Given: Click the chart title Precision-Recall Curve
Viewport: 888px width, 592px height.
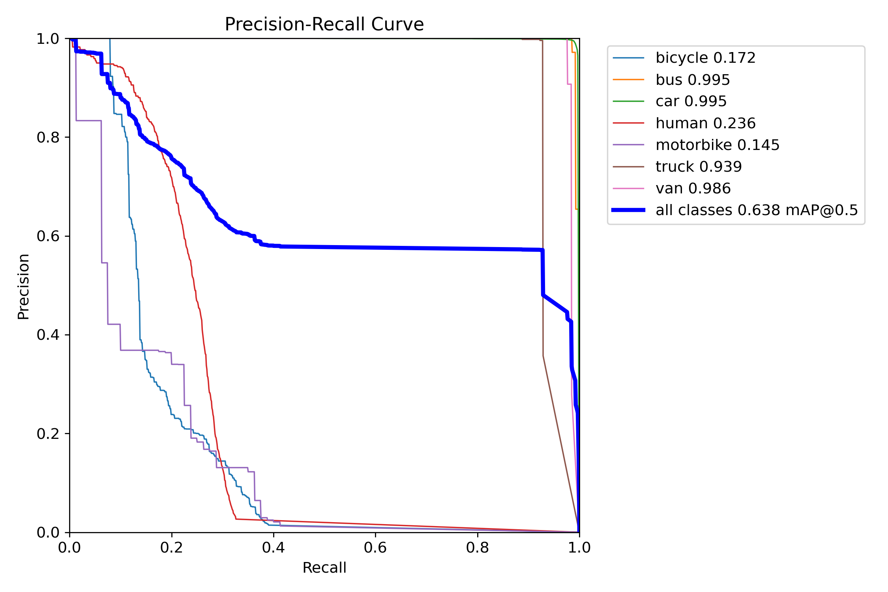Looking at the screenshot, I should [324, 24].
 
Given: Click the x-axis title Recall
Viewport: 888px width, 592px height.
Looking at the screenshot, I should [324, 568].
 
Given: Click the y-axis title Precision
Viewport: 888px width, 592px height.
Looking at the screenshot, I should [23, 286].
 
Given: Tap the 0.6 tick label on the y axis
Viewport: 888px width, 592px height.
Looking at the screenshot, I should [47, 236].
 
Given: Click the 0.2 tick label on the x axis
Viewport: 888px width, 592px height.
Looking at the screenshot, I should [172, 547].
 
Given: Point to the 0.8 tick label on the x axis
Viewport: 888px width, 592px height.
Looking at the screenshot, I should [478, 547].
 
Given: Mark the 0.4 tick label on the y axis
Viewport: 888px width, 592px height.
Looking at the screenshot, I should [47, 335].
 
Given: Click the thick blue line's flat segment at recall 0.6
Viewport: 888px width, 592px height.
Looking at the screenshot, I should [375, 247].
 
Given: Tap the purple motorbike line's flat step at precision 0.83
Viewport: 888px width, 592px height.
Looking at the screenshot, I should [89, 120].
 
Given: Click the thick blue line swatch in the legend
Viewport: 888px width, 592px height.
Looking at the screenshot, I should [628, 210].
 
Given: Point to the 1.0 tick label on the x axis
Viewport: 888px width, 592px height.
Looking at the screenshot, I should [579, 547].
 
